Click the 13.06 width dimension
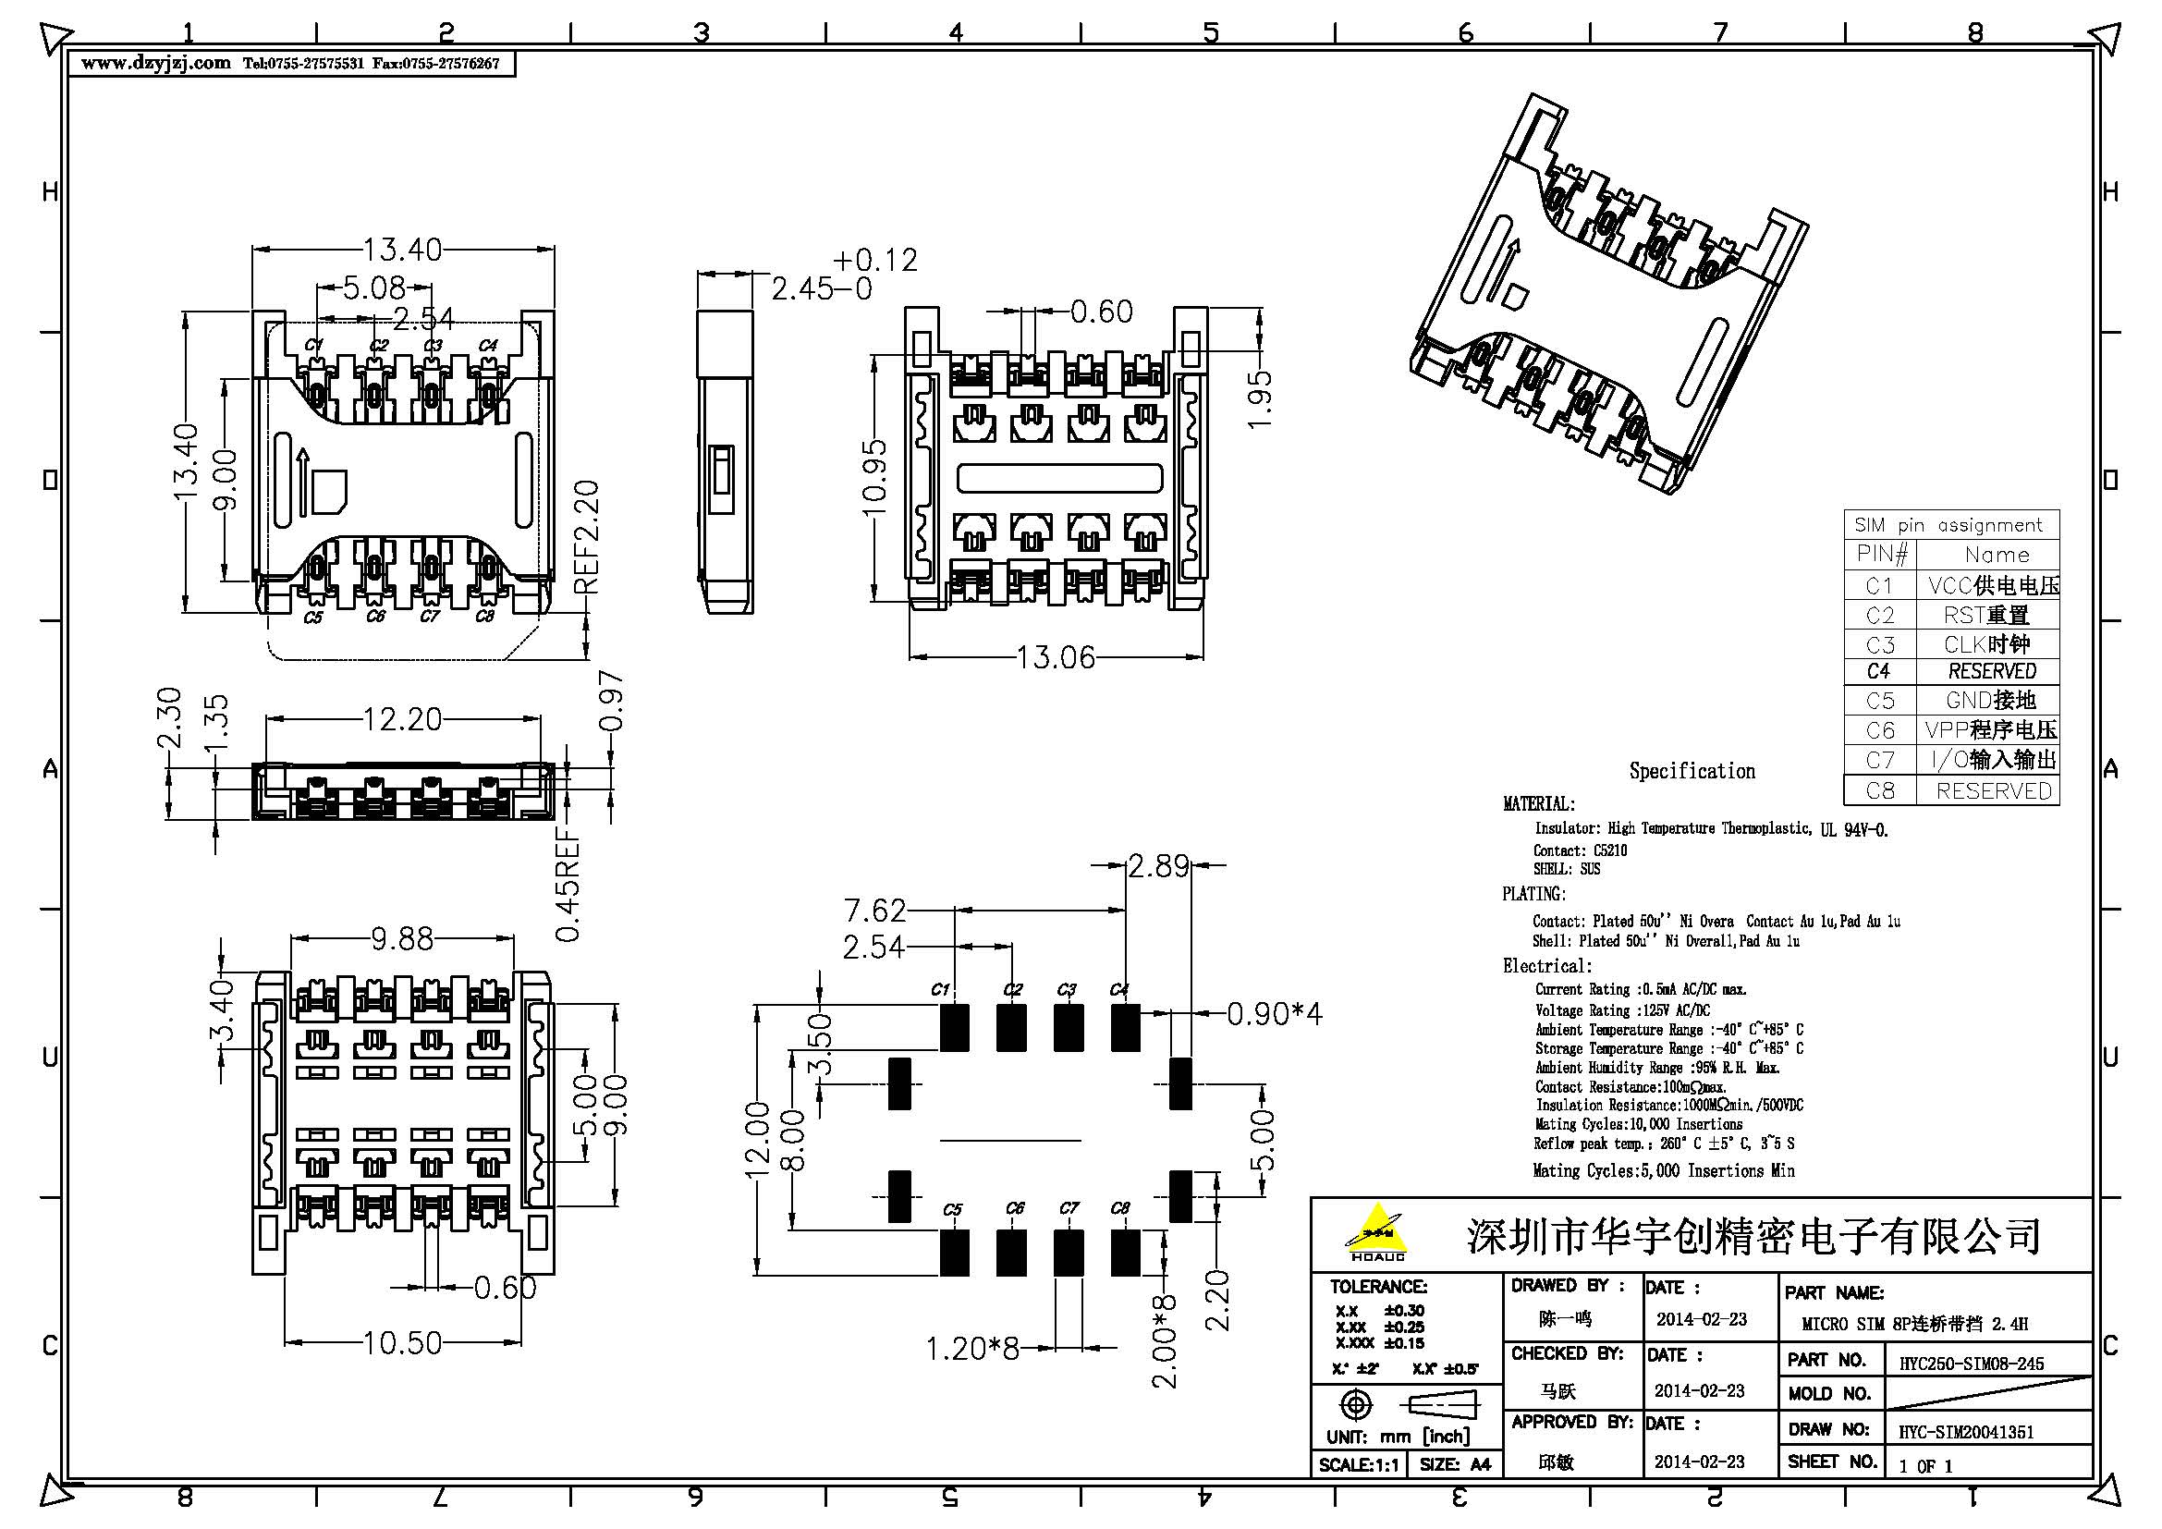[x=1056, y=656]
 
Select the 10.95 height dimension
[x=875, y=477]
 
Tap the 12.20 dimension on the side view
[x=402, y=719]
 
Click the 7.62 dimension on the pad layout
[x=873, y=911]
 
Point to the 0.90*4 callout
[x=1274, y=1014]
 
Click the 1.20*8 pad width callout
[x=971, y=1348]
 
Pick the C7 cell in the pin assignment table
[x=1879, y=760]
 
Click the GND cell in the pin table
[x=1991, y=701]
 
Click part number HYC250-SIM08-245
[x=1971, y=1364]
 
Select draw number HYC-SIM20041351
[x=1966, y=1432]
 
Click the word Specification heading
[x=1692, y=771]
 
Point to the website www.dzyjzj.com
[x=156, y=64]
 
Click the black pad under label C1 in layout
[x=954, y=1027]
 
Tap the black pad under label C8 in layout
[x=1125, y=1253]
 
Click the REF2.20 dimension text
[x=586, y=537]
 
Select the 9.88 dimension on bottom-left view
[x=402, y=938]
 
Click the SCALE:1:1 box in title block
[x=1359, y=1465]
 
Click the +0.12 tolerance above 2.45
[x=874, y=260]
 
